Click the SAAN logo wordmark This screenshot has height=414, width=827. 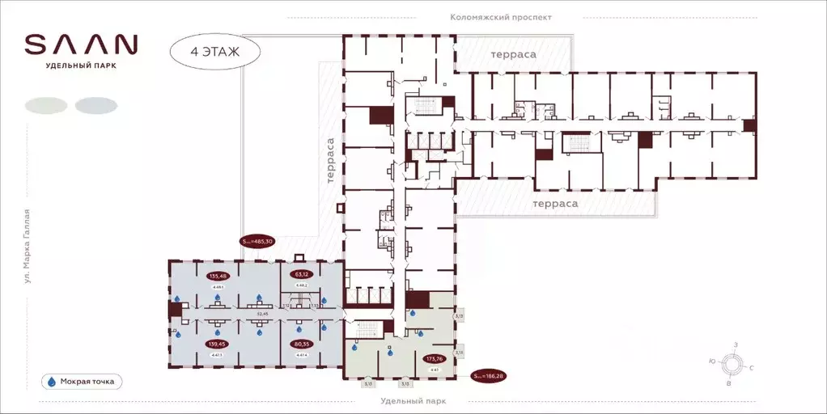pos(81,44)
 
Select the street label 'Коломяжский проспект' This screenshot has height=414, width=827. pos(501,16)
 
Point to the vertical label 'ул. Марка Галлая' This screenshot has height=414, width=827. pos(27,246)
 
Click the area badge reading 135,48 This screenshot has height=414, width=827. pos(218,275)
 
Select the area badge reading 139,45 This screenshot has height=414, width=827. pos(218,344)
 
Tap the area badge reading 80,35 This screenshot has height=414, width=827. pos(302,344)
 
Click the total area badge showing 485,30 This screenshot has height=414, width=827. pos(258,241)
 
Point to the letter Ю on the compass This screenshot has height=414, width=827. pos(710,361)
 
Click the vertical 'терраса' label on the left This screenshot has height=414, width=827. pos(330,162)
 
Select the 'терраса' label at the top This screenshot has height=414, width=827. pos(513,54)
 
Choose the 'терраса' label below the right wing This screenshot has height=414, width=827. pos(555,204)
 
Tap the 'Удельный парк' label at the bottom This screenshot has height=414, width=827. pos(413,401)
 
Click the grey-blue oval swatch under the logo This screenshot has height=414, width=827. pos(95,105)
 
